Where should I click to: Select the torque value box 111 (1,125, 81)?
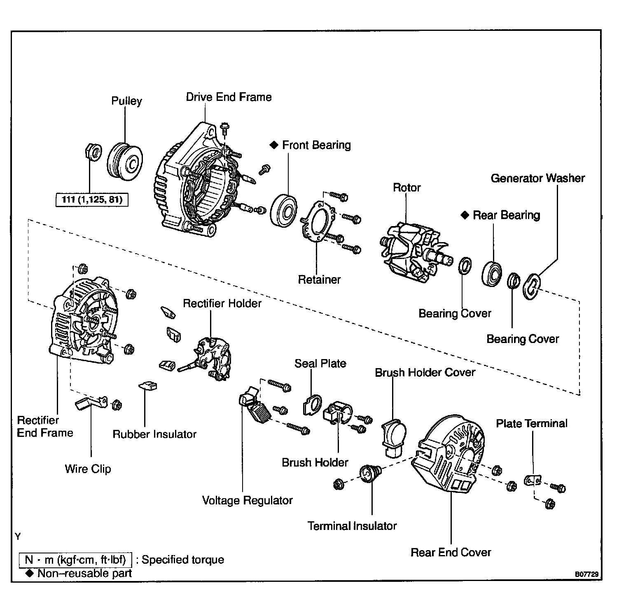click(x=91, y=200)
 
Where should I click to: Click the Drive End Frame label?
click(x=229, y=97)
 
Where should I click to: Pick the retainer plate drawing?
click(x=318, y=222)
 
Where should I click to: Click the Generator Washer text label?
click(x=537, y=178)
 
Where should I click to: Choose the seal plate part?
click(x=313, y=404)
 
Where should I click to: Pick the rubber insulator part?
click(x=148, y=385)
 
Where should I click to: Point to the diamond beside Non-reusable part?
click(x=29, y=573)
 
